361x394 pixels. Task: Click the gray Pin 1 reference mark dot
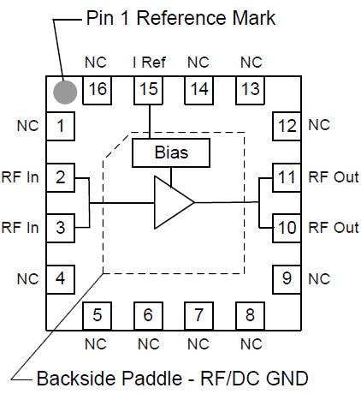pyautogui.click(x=65, y=91)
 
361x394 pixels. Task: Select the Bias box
pyautogui.click(x=170, y=154)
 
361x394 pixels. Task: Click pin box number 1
pyautogui.click(x=60, y=127)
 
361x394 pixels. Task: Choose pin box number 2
pyautogui.click(x=60, y=177)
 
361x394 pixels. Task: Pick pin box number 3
pyautogui.click(x=60, y=228)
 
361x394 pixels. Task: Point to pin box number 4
pyautogui.click(x=60, y=278)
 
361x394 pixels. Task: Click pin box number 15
pyautogui.click(x=149, y=90)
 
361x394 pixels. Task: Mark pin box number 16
pyautogui.click(x=98, y=90)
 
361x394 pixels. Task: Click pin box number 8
pyautogui.click(x=250, y=314)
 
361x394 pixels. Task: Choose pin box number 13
pyautogui.click(x=251, y=90)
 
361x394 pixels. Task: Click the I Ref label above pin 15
pyautogui.click(x=148, y=63)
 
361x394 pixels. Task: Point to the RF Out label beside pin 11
pyautogui.click(x=333, y=177)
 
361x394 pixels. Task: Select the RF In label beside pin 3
pyautogui.click(x=21, y=228)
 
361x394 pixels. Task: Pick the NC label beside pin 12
pyautogui.click(x=318, y=125)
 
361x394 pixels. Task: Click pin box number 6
pyautogui.click(x=148, y=314)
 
